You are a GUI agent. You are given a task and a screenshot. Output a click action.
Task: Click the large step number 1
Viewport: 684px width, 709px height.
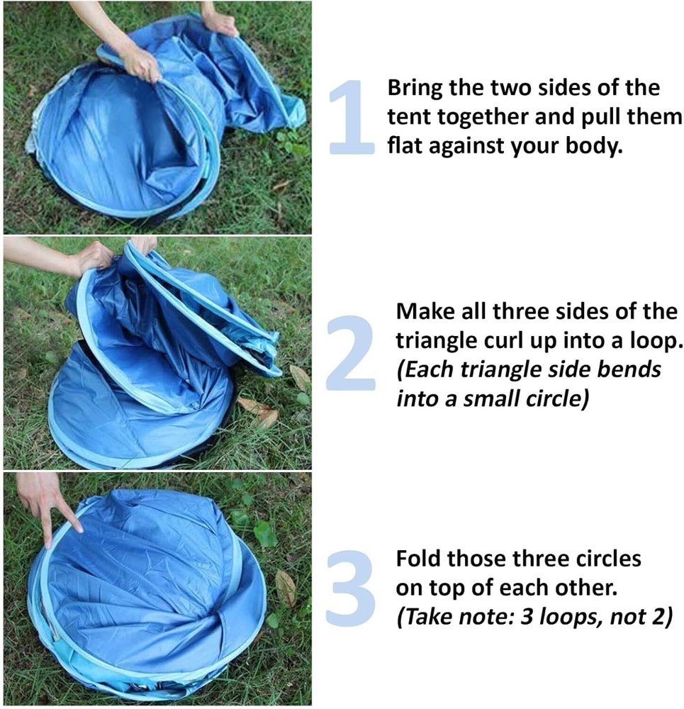pyautogui.click(x=352, y=117)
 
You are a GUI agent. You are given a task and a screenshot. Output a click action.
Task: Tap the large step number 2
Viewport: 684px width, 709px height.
pyautogui.click(x=350, y=352)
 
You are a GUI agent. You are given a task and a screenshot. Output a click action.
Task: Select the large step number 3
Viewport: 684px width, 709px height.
pyautogui.click(x=351, y=588)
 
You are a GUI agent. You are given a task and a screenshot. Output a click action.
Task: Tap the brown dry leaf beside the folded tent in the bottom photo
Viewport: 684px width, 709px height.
pyautogui.click(x=285, y=587)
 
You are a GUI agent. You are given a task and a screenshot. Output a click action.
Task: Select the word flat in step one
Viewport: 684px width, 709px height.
pyautogui.click(x=405, y=145)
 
